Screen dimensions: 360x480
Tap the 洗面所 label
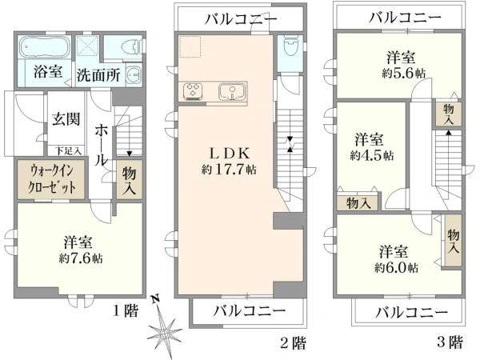pyautogui.click(x=98, y=76)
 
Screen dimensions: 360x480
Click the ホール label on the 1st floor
pyautogui.click(x=102, y=144)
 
